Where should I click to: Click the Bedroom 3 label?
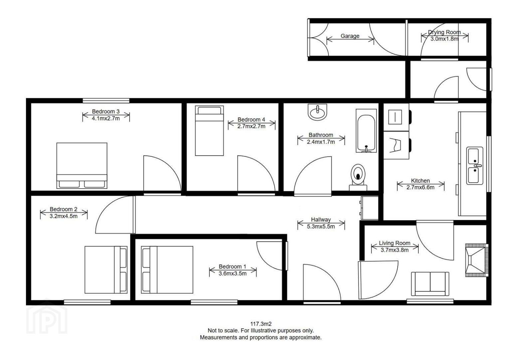click(106, 111)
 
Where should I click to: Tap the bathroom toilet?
click(358, 178)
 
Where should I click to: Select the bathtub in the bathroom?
click(366, 131)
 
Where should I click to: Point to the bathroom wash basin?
click(317, 112)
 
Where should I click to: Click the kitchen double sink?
click(475, 166)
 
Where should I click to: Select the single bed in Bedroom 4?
click(209, 131)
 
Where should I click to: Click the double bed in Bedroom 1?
click(167, 270)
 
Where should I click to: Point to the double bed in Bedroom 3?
click(82, 166)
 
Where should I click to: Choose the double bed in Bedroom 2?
click(106, 270)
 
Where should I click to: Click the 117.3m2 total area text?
click(261, 324)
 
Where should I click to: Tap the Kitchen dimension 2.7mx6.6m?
click(420, 187)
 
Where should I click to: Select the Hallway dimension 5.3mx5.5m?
click(321, 226)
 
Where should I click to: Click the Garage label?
click(350, 36)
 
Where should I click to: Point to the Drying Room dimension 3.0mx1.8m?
click(444, 39)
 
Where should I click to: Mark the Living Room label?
click(394, 243)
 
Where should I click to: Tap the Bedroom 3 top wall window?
click(106, 101)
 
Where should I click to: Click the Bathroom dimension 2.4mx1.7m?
click(321, 142)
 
